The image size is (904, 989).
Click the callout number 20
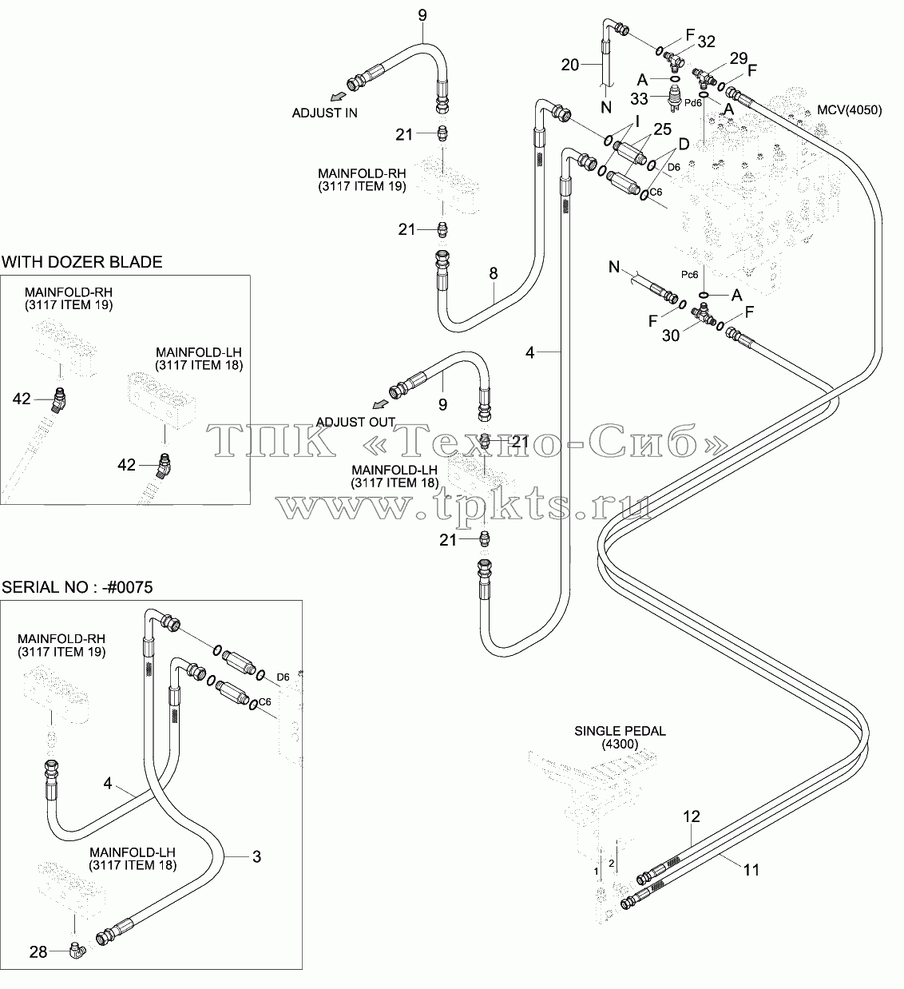pyautogui.click(x=570, y=65)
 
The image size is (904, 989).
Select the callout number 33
pyautogui.click(x=639, y=98)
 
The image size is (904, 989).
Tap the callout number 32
pyautogui.click(x=706, y=42)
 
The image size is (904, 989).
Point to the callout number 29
pyautogui.click(x=739, y=58)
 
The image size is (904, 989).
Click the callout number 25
pyautogui.click(x=663, y=129)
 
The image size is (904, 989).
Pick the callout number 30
pyautogui.click(x=670, y=336)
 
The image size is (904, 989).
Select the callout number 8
pyautogui.click(x=494, y=273)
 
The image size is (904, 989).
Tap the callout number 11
pyautogui.click(x=751, y=870)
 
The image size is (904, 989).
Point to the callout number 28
pyautogui.click(x=38, y=952)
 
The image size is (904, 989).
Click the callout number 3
pyautogui.click(x=256, y=856)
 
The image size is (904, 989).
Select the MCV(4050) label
pyautogui.click(x=849, y=110)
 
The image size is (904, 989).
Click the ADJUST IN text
pyautogui.click(x=324, y=113)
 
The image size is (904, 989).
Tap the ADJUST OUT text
pyautogui.click(x=355, y=422)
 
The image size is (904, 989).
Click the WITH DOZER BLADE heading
pyautogui.click(x=81, y=262)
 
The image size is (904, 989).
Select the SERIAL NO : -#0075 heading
pyautogui.click(x=77, y=587)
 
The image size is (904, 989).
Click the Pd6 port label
pyautogui.click(x=692, y=103)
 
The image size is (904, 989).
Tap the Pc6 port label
pyautogui.click(x=690, y=275)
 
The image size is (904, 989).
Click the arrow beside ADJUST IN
pyautogui.click(x=338, y=95)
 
